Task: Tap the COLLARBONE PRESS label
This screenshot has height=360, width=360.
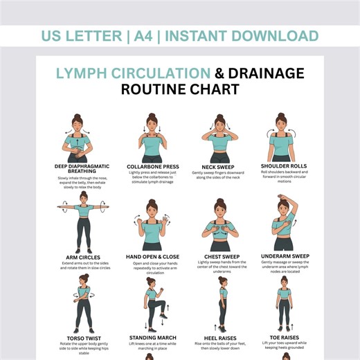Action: pos(152,167)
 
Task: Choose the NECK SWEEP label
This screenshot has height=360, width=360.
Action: pos(217,167)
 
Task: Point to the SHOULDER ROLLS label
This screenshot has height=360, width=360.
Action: pos(285,166)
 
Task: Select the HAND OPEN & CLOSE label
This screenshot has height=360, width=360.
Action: pos(152,257)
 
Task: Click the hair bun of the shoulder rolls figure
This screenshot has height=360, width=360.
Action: pos(282,116)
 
